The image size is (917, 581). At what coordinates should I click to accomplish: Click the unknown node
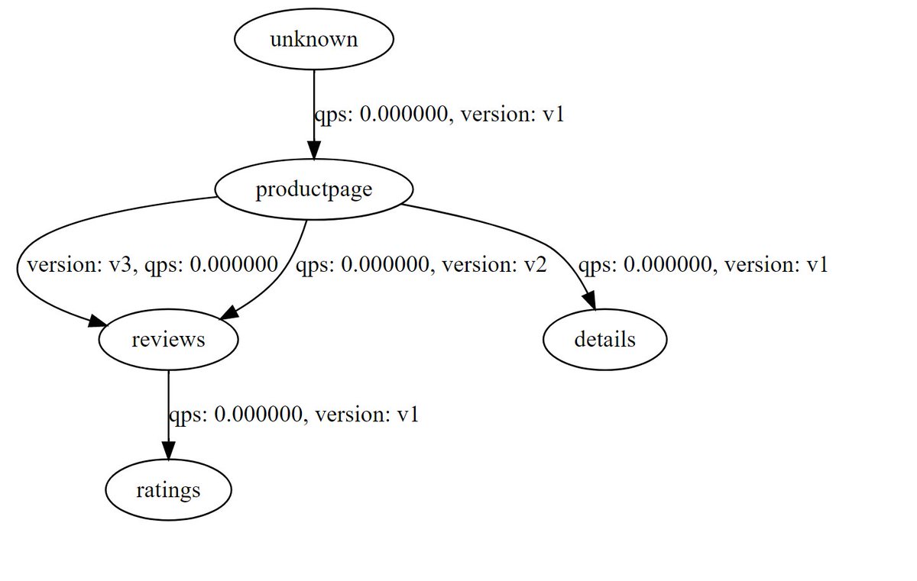313,40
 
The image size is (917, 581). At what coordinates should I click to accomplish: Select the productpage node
313,189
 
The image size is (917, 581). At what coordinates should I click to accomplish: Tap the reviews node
168,339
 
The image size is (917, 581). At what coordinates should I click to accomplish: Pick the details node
604,339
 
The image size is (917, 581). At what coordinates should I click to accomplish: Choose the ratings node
168,489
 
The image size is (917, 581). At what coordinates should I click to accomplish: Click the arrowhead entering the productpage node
313,150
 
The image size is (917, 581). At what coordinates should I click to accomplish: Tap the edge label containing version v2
421,266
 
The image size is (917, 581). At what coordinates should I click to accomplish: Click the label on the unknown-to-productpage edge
439,115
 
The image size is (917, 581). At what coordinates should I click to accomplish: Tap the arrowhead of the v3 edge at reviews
98,323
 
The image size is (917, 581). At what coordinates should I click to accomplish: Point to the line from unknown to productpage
313,99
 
